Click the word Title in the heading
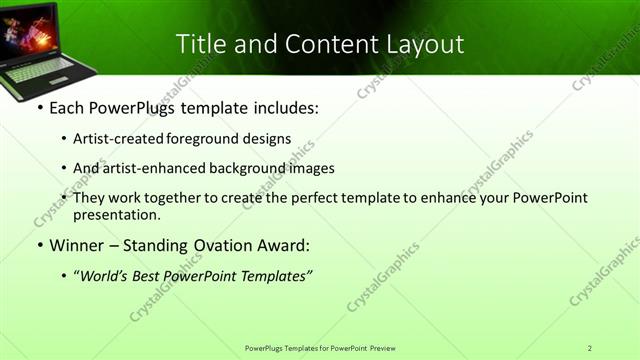point(199,44)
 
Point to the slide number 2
point(590,348)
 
